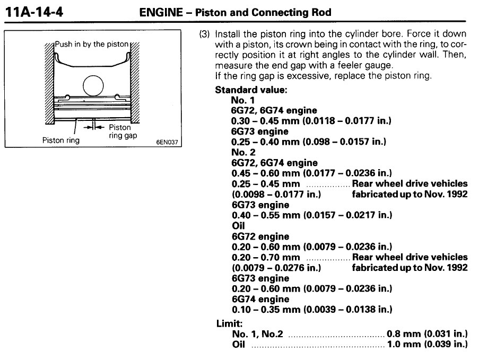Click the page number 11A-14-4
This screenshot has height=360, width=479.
(34, 11)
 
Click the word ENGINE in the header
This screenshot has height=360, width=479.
(159, 12)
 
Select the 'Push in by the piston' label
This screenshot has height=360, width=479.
(92, 44)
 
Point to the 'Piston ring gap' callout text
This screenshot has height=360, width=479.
(119, 131)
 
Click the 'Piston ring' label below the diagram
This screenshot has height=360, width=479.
(61, 141)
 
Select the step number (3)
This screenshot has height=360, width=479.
(204, 34)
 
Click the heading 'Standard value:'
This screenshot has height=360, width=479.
(251, 90)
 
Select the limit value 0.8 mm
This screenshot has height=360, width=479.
(403, 334)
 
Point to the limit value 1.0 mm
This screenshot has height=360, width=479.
(403, 345)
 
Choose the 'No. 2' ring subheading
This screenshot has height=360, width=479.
(241, 153)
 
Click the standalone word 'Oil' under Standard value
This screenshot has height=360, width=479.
(238, 226)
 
